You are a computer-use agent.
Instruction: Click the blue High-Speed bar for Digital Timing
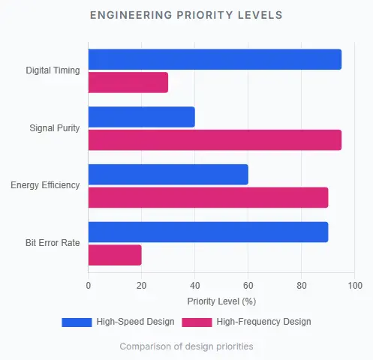(215, 59)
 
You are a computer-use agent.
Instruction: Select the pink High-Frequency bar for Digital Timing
(128, 82)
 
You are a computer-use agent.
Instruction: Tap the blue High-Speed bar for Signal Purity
(142, 117)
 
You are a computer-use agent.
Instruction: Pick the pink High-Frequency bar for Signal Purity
(215, 140)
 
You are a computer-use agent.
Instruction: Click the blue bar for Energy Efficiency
(168, 174)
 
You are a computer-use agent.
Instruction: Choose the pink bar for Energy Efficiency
(208, 197)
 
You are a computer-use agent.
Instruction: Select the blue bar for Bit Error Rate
(208, 232)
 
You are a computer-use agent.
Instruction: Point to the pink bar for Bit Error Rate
(115, 255)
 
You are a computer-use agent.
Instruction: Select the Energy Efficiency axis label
(45, 185)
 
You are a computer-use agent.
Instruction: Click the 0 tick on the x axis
(89, 286)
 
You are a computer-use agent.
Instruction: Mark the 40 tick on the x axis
(195, 286)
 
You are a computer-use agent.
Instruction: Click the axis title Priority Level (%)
(221, 301)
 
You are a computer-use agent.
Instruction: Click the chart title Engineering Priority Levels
(186, 15)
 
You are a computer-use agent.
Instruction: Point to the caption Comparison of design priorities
(186, 346)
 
